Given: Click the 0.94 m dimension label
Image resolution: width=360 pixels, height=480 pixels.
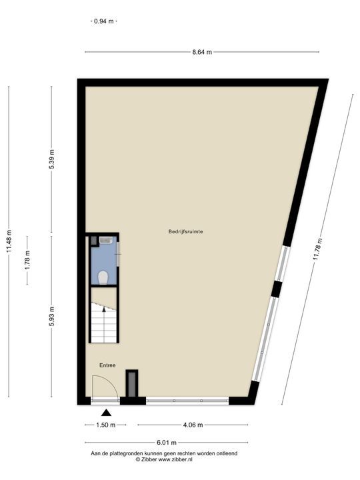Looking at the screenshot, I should pos(103,21).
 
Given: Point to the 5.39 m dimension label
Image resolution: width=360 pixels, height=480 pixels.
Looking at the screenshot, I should pos(52,160).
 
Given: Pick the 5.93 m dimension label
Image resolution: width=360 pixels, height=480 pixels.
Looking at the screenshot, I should pos(52,315).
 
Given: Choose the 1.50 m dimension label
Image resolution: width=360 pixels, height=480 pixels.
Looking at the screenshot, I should pos(105,425).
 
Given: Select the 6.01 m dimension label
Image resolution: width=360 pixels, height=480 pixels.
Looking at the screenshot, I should pos(166,442).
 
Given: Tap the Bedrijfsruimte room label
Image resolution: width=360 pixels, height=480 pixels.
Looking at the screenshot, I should pos(185,231).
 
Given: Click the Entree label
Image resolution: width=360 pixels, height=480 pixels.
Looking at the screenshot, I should pos(107,365).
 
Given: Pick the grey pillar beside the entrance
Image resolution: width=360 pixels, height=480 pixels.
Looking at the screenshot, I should pos(131,384).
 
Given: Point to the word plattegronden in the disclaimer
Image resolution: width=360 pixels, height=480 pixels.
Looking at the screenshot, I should pos(135,453).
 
